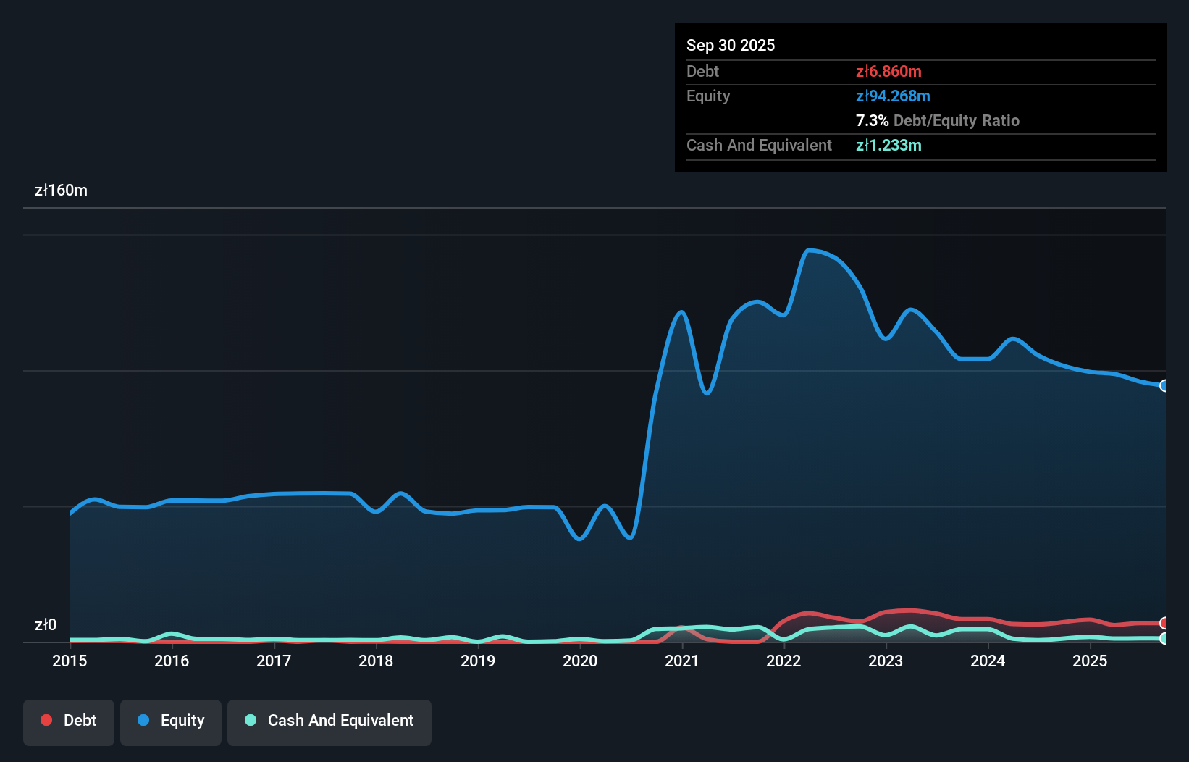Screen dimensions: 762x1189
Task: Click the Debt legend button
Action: point(68,721)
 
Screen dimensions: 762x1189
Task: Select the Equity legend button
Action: point(171,721)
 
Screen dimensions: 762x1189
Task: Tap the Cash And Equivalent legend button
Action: point(329,721)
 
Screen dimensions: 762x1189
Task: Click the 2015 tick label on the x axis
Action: point(70,661)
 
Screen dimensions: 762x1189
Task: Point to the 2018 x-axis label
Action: point(376,661)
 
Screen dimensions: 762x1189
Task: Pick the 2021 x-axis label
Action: point(681,661)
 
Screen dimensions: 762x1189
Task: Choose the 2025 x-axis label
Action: point(1089,661)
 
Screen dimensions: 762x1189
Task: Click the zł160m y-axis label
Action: point(61,190)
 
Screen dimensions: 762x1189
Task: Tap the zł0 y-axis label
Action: point(46,624)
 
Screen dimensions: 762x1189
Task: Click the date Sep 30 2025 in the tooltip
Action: point(730,45)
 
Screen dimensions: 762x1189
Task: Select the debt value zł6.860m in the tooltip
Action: point(888,71)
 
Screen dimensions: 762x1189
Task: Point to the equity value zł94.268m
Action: point(893,96)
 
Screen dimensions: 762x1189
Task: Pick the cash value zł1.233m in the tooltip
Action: point(888,145)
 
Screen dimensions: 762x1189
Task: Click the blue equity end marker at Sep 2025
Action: point(1164,385)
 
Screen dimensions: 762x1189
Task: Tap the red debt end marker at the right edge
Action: point(1164,623)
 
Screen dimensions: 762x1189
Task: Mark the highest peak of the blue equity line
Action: point(809,251)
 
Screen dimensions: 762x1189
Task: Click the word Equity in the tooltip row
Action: point(708,96)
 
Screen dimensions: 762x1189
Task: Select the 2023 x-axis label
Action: point(885,661)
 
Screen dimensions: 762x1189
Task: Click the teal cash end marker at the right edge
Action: point(1164,639)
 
